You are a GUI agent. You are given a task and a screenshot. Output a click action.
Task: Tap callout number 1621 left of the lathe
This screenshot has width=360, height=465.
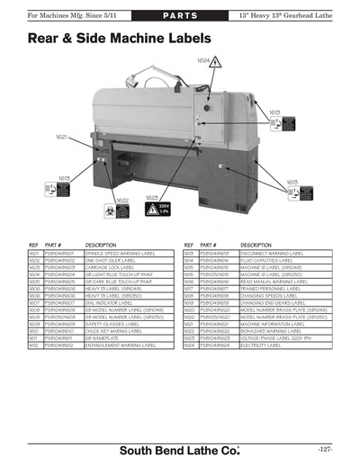pos(60,137)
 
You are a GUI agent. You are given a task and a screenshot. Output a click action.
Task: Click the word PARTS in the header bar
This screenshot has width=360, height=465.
pos(180,17)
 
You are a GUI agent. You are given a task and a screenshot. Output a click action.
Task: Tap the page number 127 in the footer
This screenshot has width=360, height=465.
pos(325,447)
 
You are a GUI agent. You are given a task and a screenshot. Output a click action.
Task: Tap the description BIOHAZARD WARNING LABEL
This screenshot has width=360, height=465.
pos(274,332)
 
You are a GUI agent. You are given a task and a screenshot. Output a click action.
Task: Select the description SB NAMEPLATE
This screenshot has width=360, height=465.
pos(103,339)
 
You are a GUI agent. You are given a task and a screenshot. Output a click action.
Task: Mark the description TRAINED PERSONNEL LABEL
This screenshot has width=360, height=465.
pos(273,287)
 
